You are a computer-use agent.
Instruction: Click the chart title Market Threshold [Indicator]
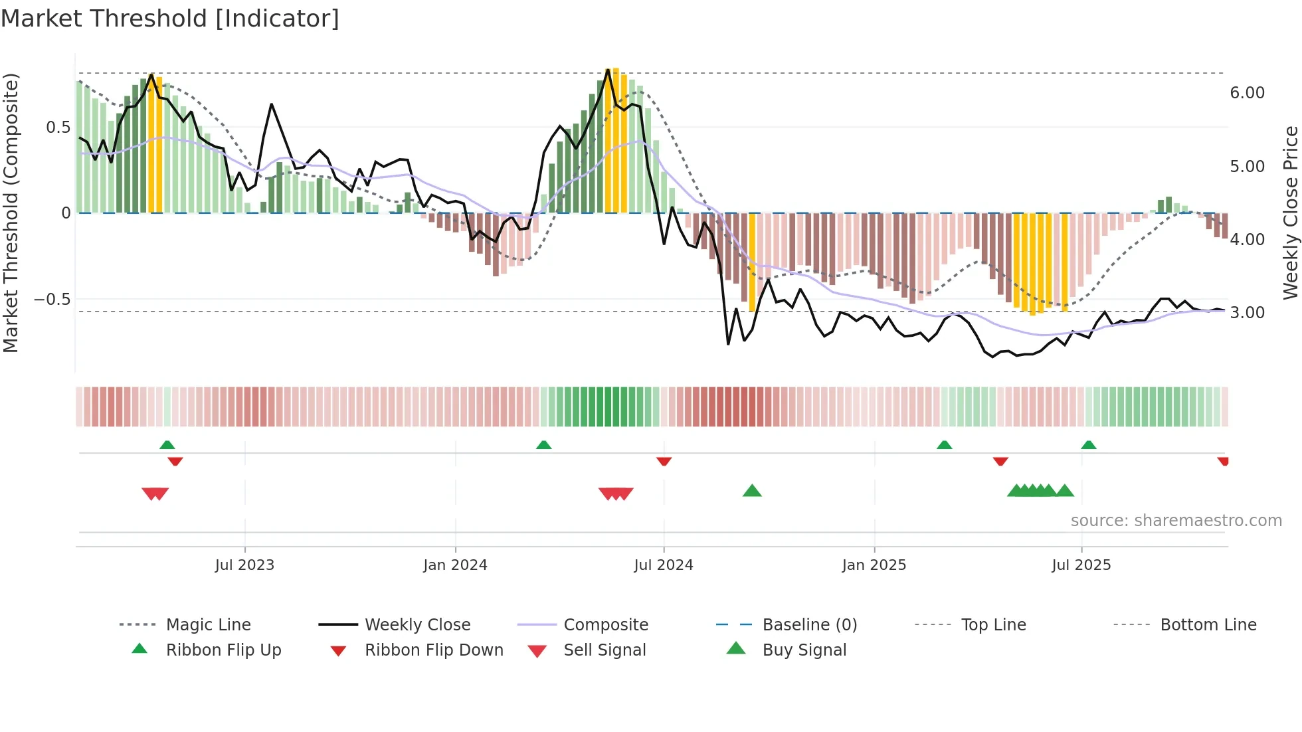(x=170, y=19)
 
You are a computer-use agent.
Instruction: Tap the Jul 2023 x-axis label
(x=244, y=565)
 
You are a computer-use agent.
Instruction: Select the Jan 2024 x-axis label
(x=455, y=565)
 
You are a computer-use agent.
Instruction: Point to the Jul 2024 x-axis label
(x=664, y=565)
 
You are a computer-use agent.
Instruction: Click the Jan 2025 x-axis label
(x=874, y=565)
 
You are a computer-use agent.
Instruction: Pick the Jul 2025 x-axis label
(x=1081, y=565)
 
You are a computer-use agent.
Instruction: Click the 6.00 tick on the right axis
(x=1247, y=93)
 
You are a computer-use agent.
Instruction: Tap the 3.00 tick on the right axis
(x=1247, y=313)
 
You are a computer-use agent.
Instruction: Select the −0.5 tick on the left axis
(x=52, y=300)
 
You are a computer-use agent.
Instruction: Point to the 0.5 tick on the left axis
(x=58, y=128)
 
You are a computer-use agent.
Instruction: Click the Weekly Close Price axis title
(x=1290, y=213)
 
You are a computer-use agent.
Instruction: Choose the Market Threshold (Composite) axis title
(x=11, y=213)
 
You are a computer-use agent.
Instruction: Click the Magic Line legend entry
(x=208, y=625)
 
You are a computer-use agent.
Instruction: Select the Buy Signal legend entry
(x=804, y=650)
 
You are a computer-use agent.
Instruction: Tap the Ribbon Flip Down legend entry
(x=433, y=650)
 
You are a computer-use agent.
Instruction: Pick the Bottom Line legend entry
(x=1208, y=625)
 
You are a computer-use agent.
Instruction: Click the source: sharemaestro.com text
(x=1176, y=521)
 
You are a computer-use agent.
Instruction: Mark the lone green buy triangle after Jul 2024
(x=752, y=491)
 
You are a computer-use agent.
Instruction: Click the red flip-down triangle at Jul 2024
(x=664, y=461)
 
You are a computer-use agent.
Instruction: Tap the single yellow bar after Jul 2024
(x=752, y=262)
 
